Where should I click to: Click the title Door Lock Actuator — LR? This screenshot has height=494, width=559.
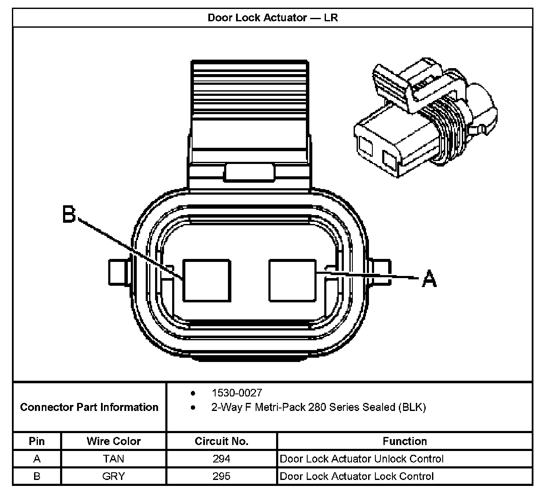(273, 18)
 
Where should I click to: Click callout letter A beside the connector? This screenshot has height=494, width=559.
(429, 279)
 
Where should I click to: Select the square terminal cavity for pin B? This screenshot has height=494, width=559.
(207, 280)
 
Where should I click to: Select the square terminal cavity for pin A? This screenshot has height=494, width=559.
(293, 280)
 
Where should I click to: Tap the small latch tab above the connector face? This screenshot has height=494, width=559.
(250, 172)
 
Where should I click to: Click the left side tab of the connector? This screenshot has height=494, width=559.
(117, 272)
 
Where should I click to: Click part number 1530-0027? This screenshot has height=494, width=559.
(236, 393)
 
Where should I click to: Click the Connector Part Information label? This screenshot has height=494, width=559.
(89, 407)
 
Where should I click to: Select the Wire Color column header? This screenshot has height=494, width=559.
(113, 441)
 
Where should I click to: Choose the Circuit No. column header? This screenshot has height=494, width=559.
(221, 441)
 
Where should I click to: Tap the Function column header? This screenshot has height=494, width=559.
(404, 441)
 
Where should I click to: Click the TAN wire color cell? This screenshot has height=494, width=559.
(113, 459)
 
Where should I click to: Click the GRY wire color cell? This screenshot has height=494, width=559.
(113, 476)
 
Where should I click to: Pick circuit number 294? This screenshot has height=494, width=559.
(221, 459)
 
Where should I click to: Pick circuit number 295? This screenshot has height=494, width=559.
(221, 476)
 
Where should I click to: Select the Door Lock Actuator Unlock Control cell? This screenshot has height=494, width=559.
(361, 459)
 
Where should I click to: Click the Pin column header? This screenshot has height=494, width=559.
(37, 441)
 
